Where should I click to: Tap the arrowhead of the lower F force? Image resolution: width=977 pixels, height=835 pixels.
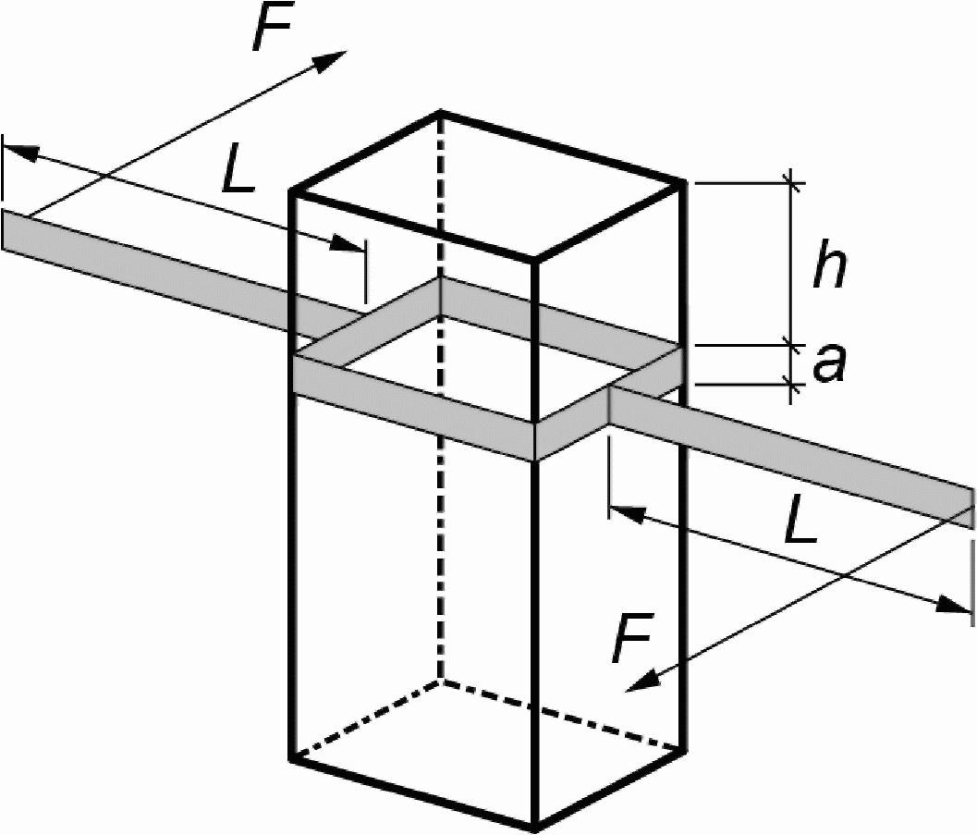[x=638, y=684]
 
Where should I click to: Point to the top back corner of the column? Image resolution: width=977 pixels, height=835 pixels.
[x=439, y=113]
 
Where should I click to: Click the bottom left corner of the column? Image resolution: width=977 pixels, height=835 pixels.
[x=293, y=758]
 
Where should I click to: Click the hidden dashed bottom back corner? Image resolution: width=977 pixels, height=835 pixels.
[x=440, y=681]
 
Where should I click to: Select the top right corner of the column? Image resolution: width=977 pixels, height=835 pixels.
[x=685, y=182]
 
